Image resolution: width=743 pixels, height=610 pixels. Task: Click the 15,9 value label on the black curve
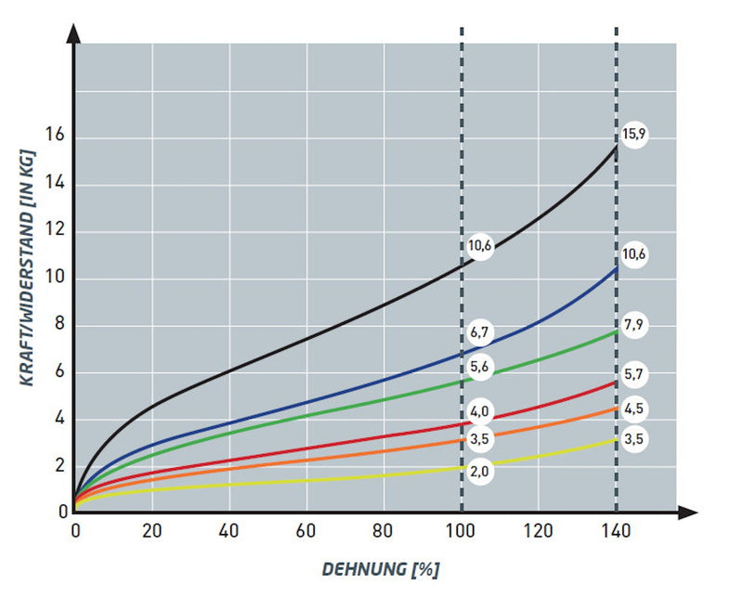633,135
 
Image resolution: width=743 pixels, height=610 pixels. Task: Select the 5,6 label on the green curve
479,367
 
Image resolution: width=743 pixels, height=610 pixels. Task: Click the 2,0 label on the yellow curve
479,472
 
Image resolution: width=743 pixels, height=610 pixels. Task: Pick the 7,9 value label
633,324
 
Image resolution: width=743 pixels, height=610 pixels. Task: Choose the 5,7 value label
633,375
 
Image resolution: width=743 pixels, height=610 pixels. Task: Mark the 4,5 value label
633,409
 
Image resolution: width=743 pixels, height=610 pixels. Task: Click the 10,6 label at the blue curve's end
633,254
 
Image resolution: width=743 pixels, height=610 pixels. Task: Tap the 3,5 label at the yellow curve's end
633,440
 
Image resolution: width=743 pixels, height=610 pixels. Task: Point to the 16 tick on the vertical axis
56,137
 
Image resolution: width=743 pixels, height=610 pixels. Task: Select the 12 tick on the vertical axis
56,232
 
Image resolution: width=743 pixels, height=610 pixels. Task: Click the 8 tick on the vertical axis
59,326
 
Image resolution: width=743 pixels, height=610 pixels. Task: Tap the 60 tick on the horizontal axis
306,532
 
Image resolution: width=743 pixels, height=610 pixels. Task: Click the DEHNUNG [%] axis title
380,569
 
